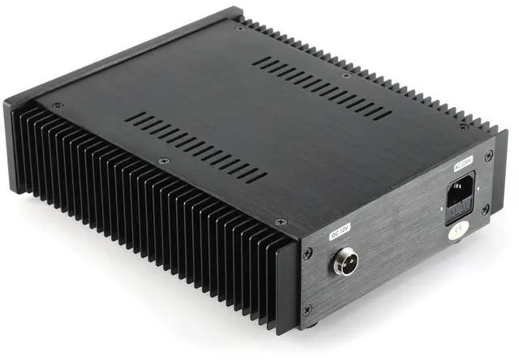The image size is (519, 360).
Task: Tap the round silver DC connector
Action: pyautogui.click(x=343, y=264)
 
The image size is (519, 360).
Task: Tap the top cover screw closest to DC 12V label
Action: pyautogui.click(x=281, y=221)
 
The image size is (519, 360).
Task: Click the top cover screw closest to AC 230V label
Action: pyautogui.click(x=464, y=126)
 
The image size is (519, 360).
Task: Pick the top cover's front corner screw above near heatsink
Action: pyautogui.click(x=57, y=105)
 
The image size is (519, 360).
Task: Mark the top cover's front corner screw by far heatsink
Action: pyautogui.click(x=240, y=29)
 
